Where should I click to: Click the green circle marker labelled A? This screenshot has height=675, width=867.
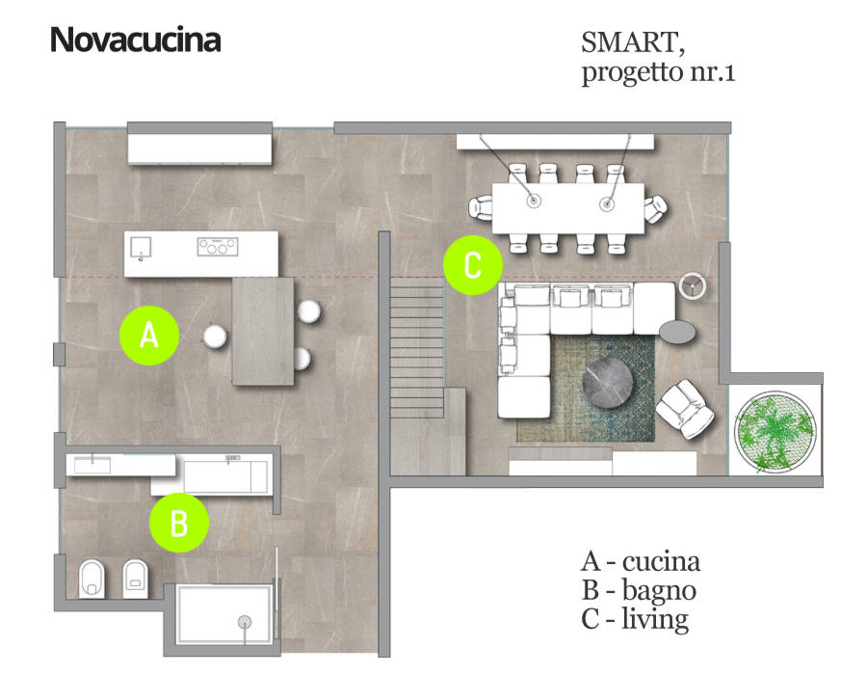pos(148,336)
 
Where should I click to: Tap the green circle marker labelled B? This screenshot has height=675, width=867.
pos(179,523)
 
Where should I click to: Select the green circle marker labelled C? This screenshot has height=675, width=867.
pos(472,266)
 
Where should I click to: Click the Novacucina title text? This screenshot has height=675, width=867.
pos(135,40)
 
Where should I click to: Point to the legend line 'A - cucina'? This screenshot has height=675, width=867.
pos(641,561)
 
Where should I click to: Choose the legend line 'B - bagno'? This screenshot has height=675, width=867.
pos(639,590)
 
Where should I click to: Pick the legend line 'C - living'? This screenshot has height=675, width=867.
pos(636,619)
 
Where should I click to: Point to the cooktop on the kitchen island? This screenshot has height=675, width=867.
pos(218,247)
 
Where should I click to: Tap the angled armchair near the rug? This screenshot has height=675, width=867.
pos(686,407)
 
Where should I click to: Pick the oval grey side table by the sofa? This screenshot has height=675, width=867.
pos(679,331)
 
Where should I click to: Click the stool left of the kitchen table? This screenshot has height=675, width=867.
pos(214,335)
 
